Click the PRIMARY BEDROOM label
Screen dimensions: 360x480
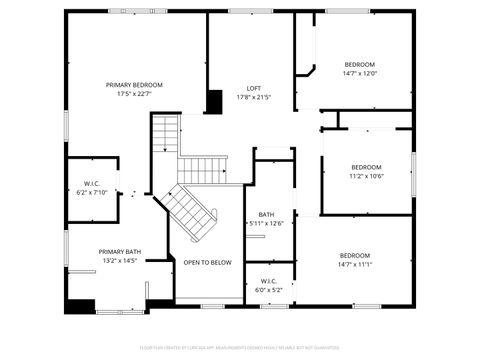[x=134, y=85]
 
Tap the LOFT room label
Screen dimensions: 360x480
[x=254, y=88]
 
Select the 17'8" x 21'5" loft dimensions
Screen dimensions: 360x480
[x=254, y=97]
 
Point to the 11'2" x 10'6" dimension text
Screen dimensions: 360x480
[x=366, y=176]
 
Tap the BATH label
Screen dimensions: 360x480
[x=266, y=214]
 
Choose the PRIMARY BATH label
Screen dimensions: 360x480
[x=119, y=251]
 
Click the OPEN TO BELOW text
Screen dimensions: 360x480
[x=207, y=262]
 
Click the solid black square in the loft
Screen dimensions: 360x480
[x=214, y=102]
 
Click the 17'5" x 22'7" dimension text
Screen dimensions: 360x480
[x=134, y=94]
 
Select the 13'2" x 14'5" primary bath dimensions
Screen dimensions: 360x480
[x=119, y=260]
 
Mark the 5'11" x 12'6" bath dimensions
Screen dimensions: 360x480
[x=267, y=223]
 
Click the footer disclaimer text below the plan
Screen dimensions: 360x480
[x=239, y=347]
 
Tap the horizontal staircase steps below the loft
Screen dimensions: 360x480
[x=204, y=169]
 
